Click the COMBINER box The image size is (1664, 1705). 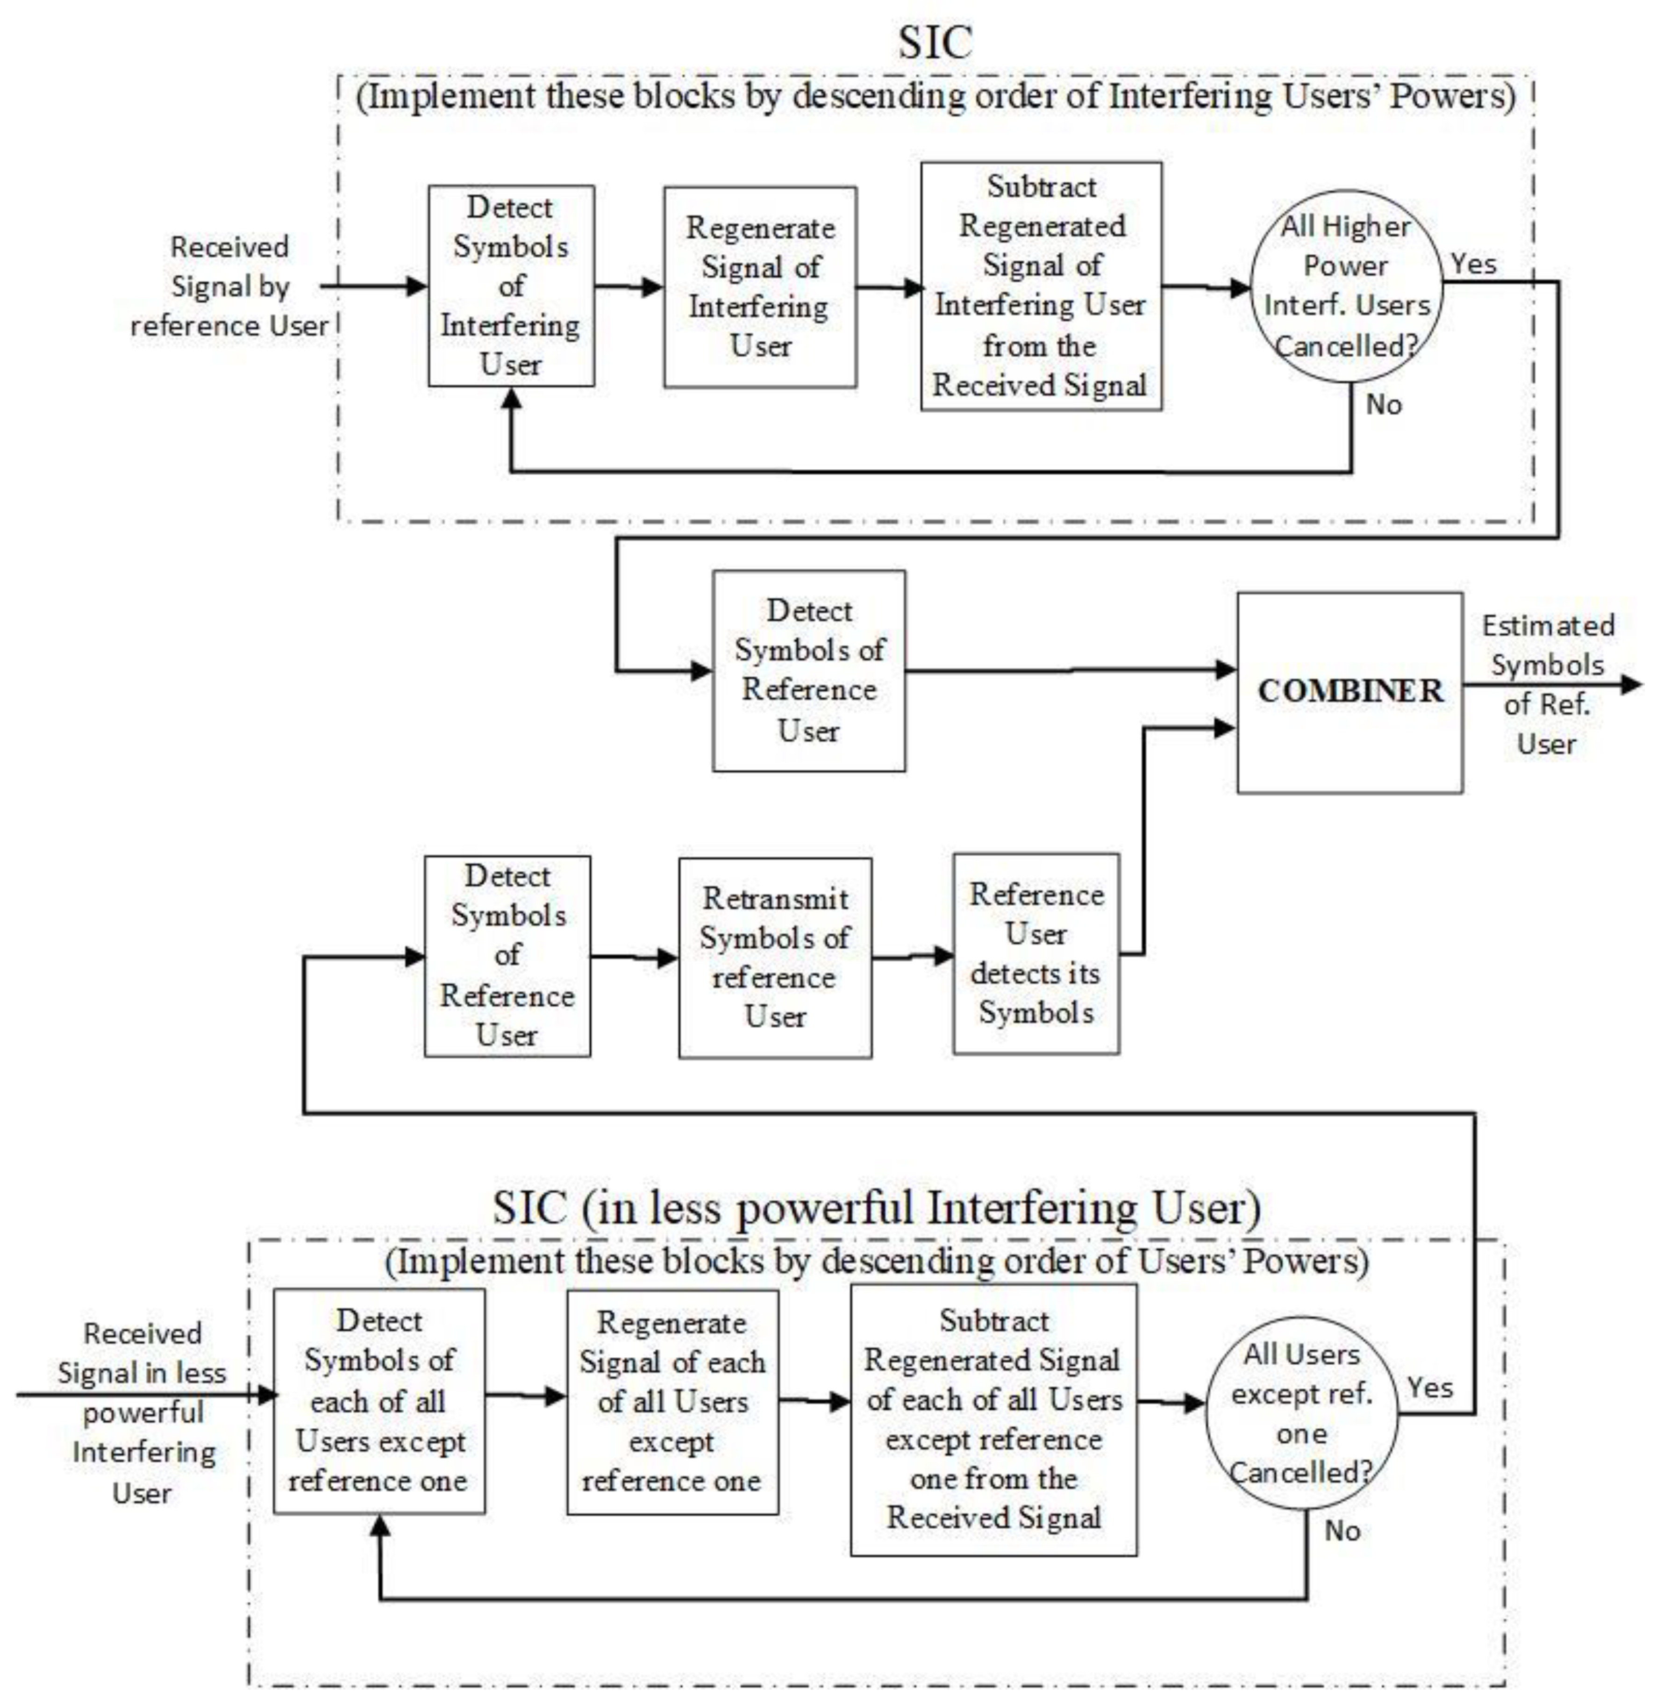tap(1350, 692)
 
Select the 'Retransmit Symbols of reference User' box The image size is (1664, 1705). tap(774, 957)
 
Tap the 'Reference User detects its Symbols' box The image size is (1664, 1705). tap(1036, 953)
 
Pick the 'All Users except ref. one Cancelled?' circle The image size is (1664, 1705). tap(1301, 1413)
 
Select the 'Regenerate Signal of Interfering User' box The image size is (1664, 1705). tap(759, 287)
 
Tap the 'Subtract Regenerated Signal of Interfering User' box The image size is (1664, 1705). tap(1041, 286)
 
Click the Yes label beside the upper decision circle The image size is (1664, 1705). tap(1473, 263)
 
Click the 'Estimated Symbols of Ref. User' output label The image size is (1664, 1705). tap(1547, 684)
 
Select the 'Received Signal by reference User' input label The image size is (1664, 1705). tap(229, 286)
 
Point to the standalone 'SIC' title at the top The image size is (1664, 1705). tap(935, 42)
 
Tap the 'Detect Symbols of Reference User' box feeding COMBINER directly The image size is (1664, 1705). tap(808, 670)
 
